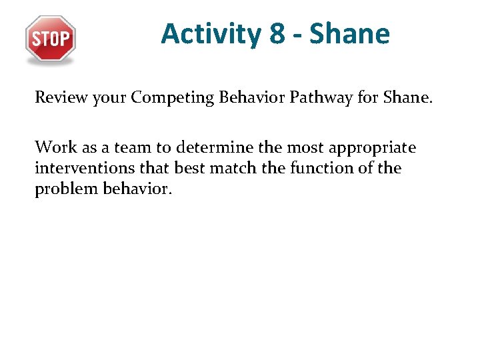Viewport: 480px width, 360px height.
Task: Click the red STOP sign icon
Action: pyautogui.click(x=51, y=39)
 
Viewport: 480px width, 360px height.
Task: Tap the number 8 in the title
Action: pyautogui.click(x=277, y=33)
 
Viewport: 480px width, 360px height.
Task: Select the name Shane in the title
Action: pyautogui.click(x=349, y=33)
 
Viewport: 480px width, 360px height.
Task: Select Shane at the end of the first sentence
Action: pyautogui.click(x=405, y=98)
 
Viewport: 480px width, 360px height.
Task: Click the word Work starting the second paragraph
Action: pyautogui.click(x=52, y=147)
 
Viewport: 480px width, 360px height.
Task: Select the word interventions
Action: pyautogui.click(x=76, y=168)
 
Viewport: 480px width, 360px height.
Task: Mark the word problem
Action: pyautogui.click(x=63, y=190)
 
